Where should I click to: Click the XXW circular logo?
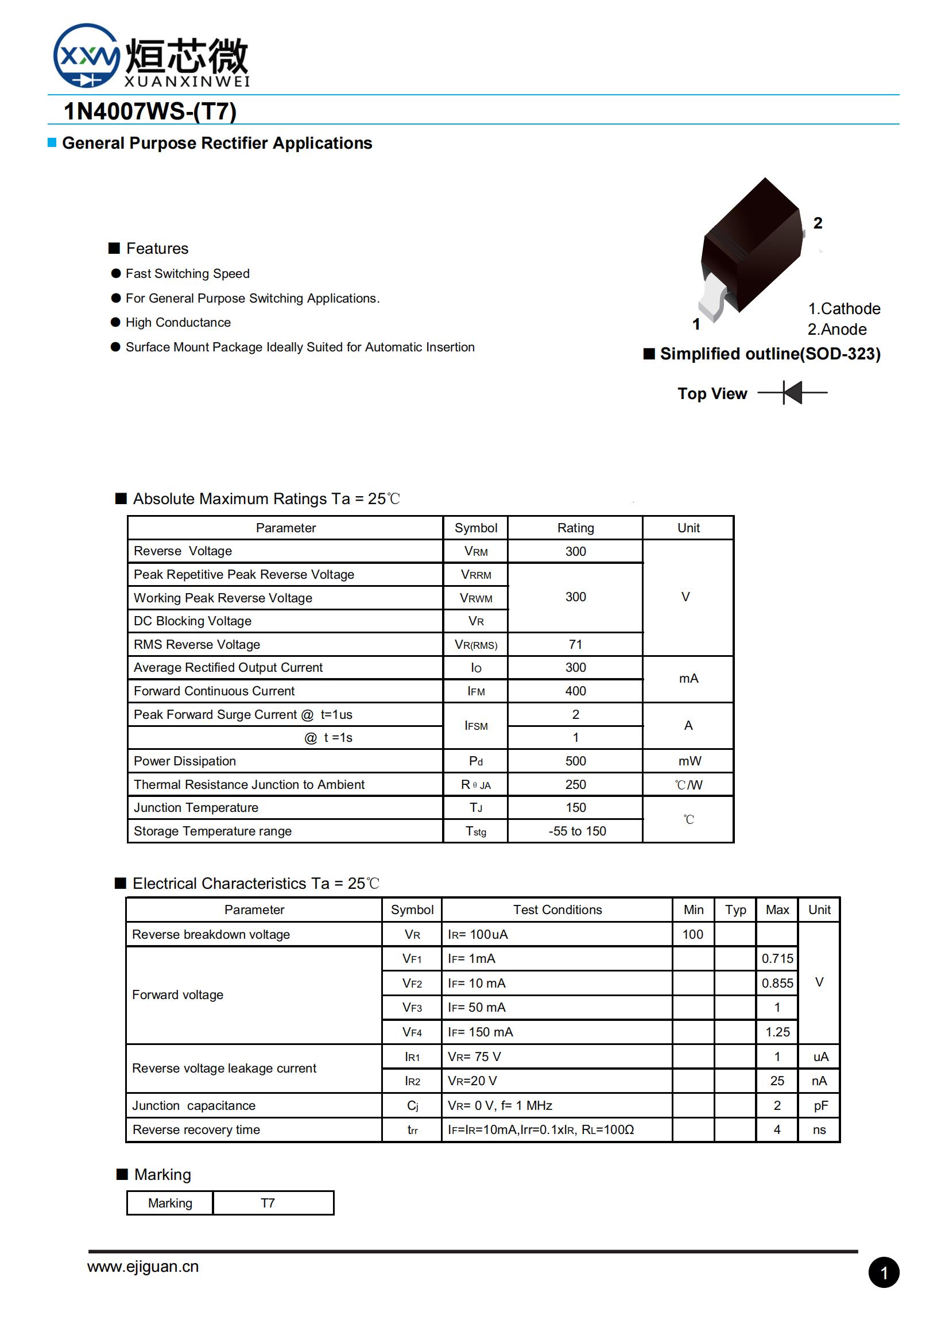(87, 56)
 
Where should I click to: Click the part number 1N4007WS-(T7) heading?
(150, 111)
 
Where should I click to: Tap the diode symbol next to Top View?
(792, 393)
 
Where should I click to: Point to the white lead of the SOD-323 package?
(714, 298)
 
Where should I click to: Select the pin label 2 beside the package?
(818, 223)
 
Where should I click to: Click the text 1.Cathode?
(844, 308)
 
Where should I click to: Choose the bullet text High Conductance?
(178, 322)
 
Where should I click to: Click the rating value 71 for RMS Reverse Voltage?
(575, 644)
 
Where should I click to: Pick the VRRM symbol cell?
(476, 574)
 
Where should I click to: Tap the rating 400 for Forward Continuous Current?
(575, 691)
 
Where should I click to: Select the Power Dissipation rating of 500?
(575, 761)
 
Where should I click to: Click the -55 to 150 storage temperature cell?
(577, 831)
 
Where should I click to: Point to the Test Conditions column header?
(557, 909)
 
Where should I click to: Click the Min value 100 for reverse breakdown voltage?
(692, 934)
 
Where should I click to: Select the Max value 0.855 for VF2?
(777, 983)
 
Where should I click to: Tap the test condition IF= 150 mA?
(480, 1032)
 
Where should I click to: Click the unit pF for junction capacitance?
(820, 1105)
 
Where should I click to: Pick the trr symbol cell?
(412, 1129)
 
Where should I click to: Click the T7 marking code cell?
(267, 1203)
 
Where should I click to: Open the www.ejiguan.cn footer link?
(143, 1267)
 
